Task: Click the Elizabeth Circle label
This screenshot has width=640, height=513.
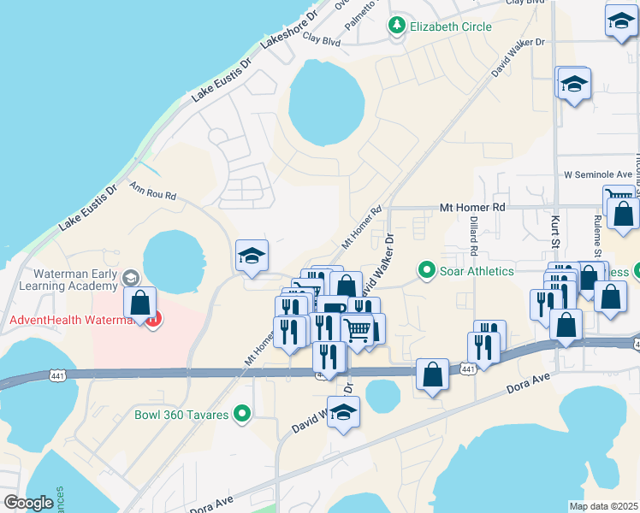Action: tap(451, 27)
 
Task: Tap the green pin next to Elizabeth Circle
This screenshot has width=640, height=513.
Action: tap(396, 27)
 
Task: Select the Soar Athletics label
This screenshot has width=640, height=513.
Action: tap(477, 271)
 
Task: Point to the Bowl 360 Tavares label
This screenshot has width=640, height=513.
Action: tap(181, 416)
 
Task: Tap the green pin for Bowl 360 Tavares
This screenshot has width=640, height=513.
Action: tap(242, 416)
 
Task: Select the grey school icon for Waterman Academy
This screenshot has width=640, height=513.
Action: tap(130, 277)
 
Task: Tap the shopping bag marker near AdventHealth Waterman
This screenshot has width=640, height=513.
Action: tap(139, 303)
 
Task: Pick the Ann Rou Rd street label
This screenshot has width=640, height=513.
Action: tap(153, 191)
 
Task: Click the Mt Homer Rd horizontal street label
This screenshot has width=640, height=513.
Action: tap(472, 207)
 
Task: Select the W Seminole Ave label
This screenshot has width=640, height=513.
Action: tap(597, 174)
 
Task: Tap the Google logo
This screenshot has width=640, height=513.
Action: tap(27, 503)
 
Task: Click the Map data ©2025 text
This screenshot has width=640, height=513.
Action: tap(603, 506)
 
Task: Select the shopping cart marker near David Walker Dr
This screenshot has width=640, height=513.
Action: tap(358, 328)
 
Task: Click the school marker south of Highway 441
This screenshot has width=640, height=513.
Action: tap(344, 413)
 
